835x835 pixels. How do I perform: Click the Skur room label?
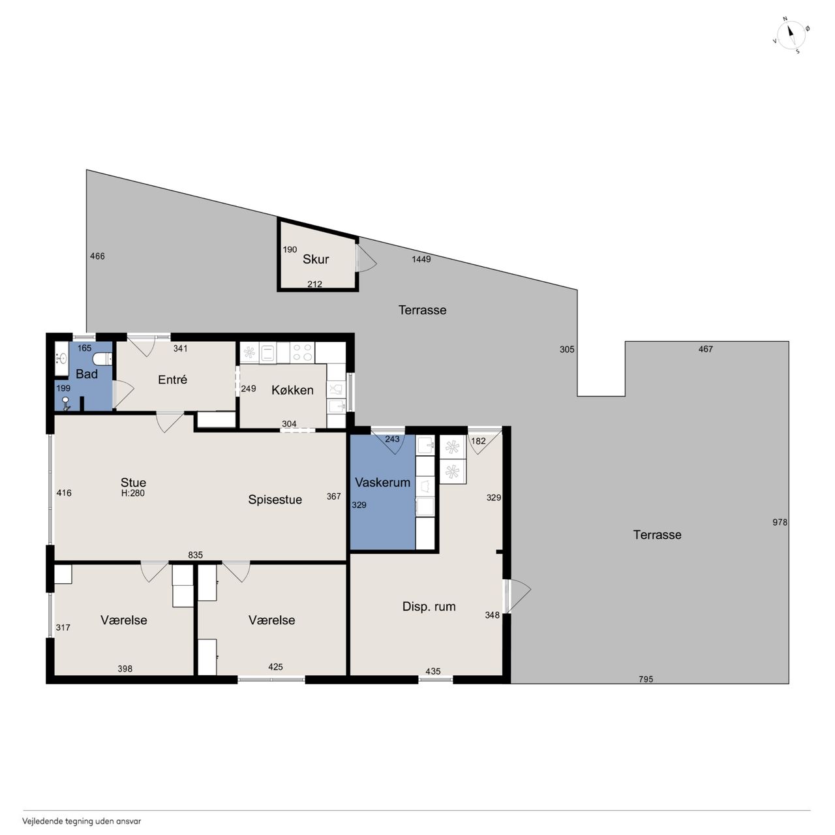(x=316, y=259)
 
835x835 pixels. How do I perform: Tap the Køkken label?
(x=292, y=390)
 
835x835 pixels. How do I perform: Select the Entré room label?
(x=172, y=380)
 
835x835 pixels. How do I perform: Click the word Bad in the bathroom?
(x=87, y=374)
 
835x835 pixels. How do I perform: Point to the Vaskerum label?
(x=383, y=482)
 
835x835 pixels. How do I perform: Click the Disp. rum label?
(x=429, y=606)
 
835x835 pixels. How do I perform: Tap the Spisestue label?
(x=275, y=500)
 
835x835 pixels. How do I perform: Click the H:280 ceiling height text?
(x=133, y=493)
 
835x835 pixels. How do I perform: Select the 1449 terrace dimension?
(x=421, y=259)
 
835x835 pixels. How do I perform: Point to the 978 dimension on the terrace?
(x=780, y=522)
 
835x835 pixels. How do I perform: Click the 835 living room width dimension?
(x=196, y=554)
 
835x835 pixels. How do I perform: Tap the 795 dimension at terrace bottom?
(x=646, y=679)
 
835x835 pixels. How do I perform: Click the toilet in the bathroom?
(x=102, y=359)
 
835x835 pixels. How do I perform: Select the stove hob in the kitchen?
(x=303, y=352)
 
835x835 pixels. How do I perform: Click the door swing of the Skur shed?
(x=367, y=259)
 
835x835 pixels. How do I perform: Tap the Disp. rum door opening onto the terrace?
(x=517, y=596)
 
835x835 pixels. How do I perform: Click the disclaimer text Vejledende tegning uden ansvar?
(x=82, y=821)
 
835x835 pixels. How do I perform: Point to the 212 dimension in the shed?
(x=314, y=284)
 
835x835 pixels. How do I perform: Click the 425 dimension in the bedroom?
(x=275, y=667)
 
